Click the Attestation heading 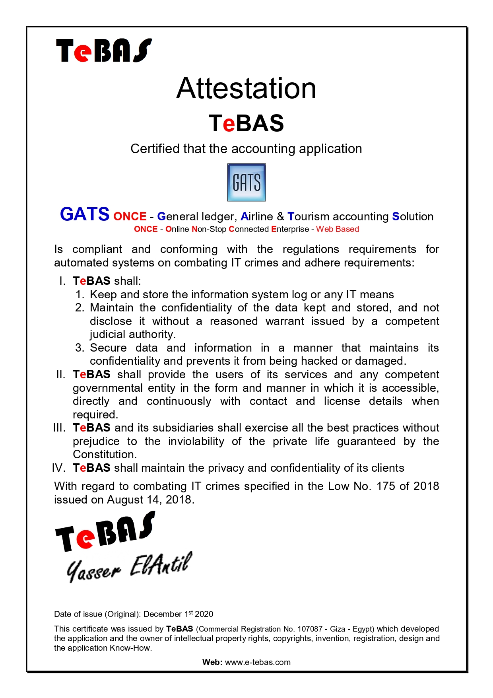(246, 88)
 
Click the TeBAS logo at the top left (104, 51)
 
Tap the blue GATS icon (246, 182)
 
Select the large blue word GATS (85, 214)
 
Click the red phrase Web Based (338, 229)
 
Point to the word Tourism (308, 216)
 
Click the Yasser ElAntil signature (129, 567)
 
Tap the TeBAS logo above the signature (105, 532)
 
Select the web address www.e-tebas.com (258, 662)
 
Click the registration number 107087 (310, 629)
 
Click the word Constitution (105, 454)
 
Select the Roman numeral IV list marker (58, 468)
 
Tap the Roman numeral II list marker (60, 375)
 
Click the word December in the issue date (162, 614)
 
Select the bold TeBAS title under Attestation (246, 123)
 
